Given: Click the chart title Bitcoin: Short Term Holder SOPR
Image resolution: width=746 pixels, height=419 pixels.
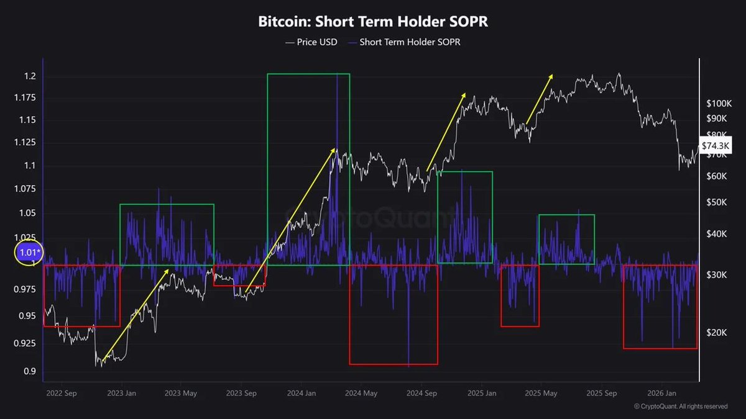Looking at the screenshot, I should pos(373,21).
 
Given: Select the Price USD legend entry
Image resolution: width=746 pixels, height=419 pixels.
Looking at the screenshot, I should pos(311,42).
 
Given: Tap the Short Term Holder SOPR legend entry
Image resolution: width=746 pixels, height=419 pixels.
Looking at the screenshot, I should pos(403,42).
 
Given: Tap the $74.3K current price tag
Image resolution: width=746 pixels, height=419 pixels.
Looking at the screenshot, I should pos(716,145).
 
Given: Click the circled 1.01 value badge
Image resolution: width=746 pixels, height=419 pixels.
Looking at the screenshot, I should pos(29,253).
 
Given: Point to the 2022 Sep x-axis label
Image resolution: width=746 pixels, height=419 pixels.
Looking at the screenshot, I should pos(61,393).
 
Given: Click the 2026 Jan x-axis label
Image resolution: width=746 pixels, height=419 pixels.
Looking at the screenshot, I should pos(662,393).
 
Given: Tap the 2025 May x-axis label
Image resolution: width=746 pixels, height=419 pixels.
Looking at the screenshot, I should pos(541,393).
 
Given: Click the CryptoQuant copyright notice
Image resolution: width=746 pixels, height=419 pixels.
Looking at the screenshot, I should pos(681,407).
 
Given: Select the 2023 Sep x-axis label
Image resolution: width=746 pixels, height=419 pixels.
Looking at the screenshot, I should pos(241,393).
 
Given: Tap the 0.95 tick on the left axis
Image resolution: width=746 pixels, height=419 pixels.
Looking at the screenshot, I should pos(27,316).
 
